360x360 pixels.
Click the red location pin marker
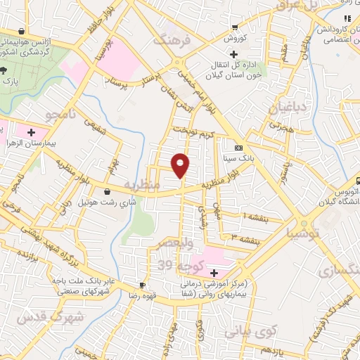coord(181,165)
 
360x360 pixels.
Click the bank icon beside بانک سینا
coord(238,148)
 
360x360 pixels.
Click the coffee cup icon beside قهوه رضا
coord(143,285)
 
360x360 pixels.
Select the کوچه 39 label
coord(174,264)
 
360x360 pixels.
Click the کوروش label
coord(233,39)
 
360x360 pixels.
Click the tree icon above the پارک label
coord(4,70)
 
